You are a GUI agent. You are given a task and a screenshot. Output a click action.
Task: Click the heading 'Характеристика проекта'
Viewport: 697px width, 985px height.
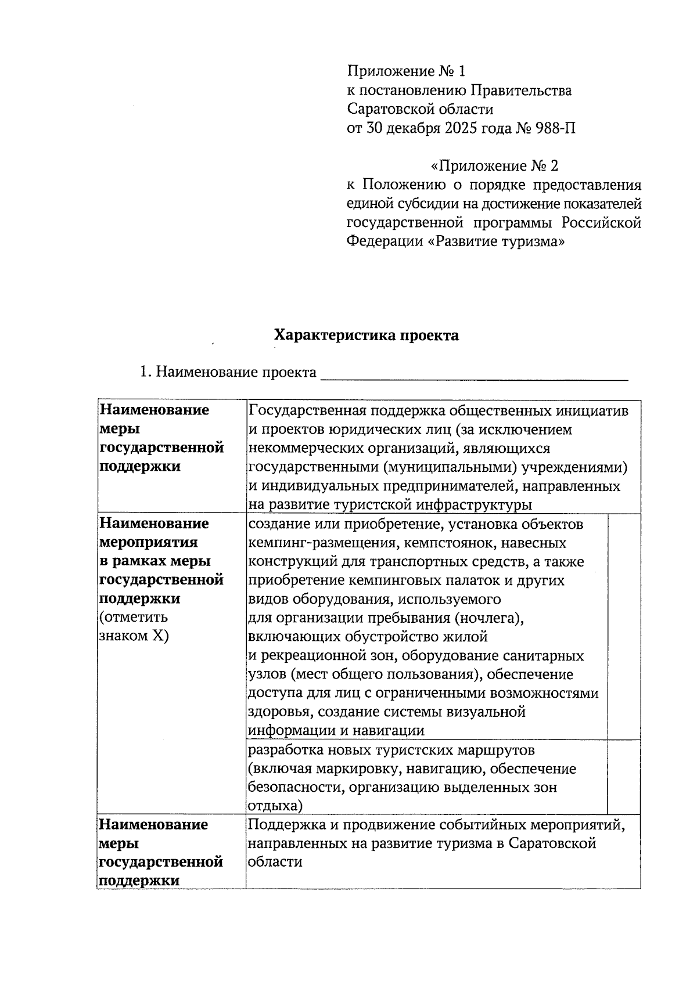pos(366,335)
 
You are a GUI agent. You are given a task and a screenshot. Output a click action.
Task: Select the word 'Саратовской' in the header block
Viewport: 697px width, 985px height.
pos(387,109)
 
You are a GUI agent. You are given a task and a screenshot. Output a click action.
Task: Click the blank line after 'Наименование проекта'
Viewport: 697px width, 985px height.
pos(474,373)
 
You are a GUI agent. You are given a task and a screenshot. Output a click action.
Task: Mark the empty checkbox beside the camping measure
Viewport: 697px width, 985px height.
pos(624,626)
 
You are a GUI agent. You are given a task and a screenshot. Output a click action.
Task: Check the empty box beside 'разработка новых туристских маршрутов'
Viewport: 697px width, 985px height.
pos(624,777)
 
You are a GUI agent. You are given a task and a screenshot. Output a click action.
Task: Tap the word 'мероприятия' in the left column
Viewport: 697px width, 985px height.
pos(149,542)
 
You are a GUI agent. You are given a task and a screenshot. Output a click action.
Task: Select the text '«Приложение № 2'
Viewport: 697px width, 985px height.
pos(494,166)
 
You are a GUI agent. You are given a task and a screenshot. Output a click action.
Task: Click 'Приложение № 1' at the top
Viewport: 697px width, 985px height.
pos(406,71)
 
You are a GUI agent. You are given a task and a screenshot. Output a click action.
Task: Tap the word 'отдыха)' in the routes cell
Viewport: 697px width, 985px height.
pos(275,806)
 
